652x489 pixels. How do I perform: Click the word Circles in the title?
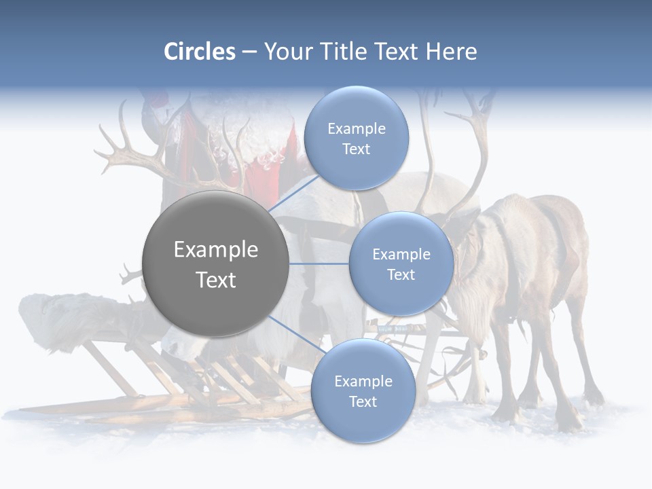tap(199, 52)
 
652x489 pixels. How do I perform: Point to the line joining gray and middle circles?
tap(319, 264)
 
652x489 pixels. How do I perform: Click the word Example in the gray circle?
tap(216, 250)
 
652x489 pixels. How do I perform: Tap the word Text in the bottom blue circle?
tap(363, 401)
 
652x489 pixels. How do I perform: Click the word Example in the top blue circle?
tap(356, 129)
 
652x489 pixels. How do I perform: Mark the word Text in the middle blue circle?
tap(401, 274)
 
